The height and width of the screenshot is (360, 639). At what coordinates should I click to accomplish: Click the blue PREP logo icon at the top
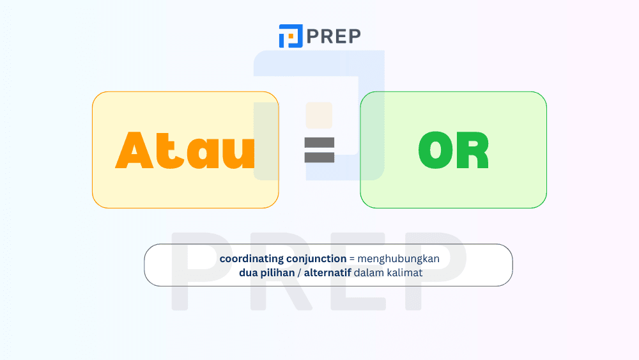(291, 36)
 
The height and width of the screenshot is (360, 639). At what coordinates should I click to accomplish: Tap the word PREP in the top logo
(334, 36)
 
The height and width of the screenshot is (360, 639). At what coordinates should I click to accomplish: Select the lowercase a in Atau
(201, 155)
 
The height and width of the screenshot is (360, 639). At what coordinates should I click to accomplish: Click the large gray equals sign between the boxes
(319, 150)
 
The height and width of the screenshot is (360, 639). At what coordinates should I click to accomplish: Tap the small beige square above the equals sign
(319, 115)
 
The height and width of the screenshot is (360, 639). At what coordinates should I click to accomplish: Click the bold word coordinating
(250, 259)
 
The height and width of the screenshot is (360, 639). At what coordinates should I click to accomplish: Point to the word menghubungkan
(399, 259)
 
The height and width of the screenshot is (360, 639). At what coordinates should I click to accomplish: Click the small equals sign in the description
(351, 259)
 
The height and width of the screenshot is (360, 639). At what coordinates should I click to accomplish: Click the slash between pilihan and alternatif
(300, 273)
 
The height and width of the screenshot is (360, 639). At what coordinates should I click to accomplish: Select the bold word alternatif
(328, 273)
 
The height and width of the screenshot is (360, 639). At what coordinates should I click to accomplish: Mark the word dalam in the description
(369, 273)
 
